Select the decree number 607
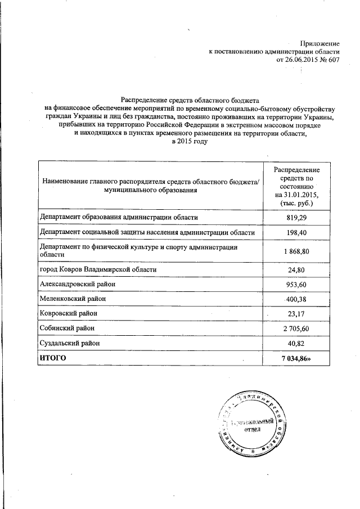click(333, 60)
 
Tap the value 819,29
click(297, 217)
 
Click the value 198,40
click(297, 232)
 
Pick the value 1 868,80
click(297, 251)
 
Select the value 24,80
click(297, 269)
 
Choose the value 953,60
click(297, 285)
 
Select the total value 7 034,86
click(297, 358)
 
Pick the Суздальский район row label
click(71, 343)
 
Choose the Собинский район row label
click(67, 328)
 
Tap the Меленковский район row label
click(73, 299)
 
